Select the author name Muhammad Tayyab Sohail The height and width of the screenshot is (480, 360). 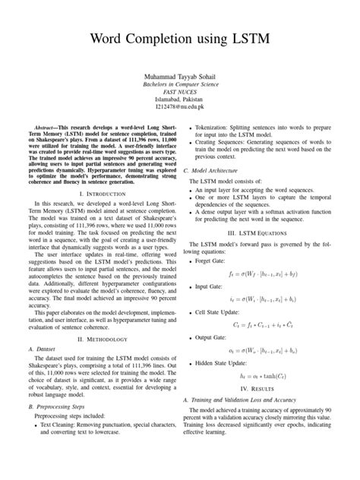(180, 78)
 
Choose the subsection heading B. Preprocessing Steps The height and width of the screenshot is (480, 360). (63, 450)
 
